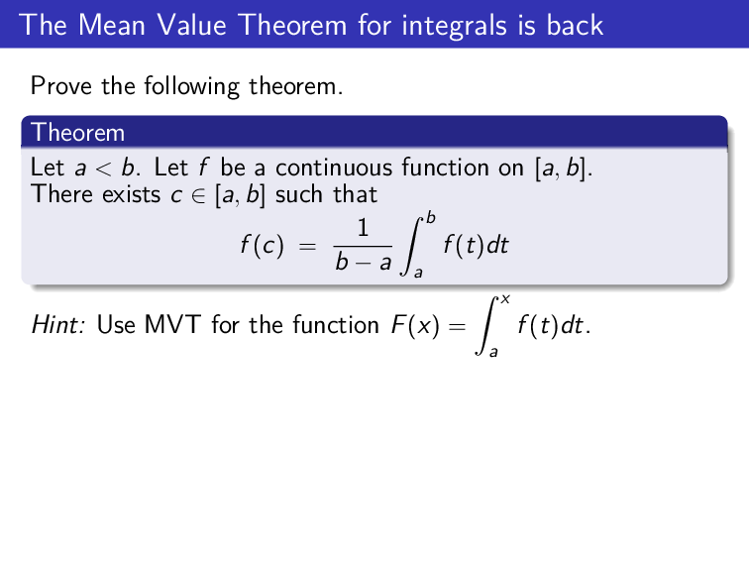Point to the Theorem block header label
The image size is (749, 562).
[78, 132]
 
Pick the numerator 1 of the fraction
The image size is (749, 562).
[363, 229]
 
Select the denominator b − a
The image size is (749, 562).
[363, 262]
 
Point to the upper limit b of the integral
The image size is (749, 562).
[430, 217]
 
